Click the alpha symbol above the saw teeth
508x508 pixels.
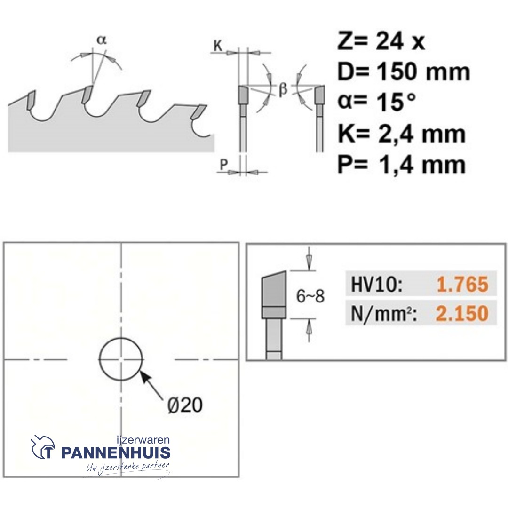click(x=102, y=40)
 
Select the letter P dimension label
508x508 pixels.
click(x=223, y=165)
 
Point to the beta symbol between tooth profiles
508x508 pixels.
click(x=283, y=89)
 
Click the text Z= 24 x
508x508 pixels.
click(x=381, y=41)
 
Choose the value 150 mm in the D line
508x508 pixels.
click(x=424, y=71)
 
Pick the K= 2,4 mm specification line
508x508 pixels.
click(x=401, y=133)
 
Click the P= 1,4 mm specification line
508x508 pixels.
click(x=401, y=164)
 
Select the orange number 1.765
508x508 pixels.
click(x=462, y=284)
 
